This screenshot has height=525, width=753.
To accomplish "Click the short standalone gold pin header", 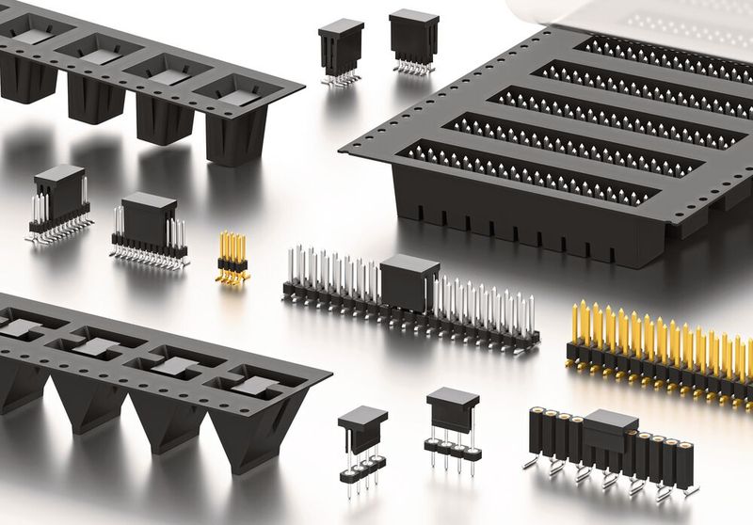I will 232,258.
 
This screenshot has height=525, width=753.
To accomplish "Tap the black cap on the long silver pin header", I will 409,279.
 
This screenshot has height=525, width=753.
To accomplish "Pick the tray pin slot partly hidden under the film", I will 659,53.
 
